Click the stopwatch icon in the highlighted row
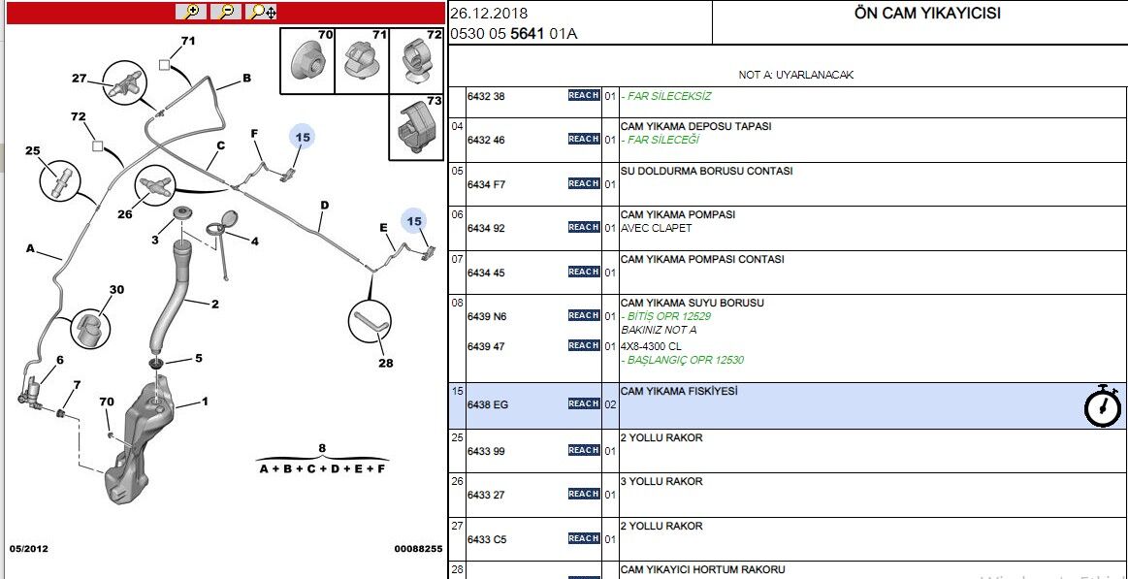(1102, 406)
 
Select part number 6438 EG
(488, 404)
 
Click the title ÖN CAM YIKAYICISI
(926, 13)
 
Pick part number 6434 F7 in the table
(487, 184)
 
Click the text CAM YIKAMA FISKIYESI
(679, 391)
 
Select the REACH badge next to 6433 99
(584, 450)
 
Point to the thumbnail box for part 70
(307, 60)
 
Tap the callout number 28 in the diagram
(386, 364)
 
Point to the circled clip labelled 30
(90, 329)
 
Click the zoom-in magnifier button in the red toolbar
(192, 13)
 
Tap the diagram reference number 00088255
(418, 549)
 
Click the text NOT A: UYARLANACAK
(795, 75)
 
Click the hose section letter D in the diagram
(325, 206)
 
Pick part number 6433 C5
(488, 538)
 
